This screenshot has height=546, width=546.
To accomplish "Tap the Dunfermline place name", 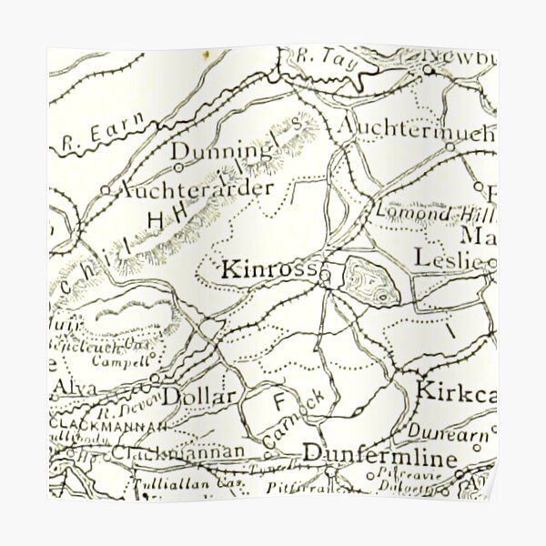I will click(x=379, y=453).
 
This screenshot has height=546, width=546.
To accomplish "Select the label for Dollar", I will click(x=199, y=396).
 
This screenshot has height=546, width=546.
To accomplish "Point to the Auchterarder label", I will click(x=196, y=189).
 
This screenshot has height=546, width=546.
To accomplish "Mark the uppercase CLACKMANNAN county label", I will click(x=107, y=425).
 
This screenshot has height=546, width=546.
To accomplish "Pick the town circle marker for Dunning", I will click(x=178, y=167).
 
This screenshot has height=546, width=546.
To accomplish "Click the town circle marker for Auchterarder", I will click(x=106, y=190).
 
